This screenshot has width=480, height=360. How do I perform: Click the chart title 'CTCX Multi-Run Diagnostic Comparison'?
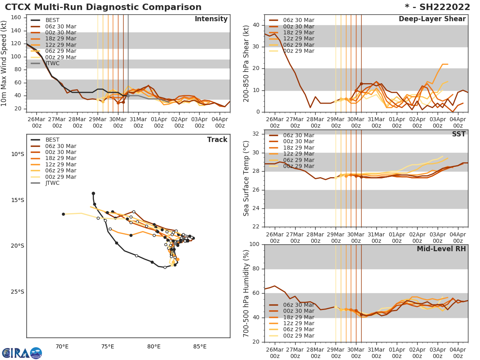(103, 7)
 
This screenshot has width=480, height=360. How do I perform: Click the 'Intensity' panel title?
(211, 19)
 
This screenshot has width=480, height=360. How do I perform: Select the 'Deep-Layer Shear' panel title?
(432, 19)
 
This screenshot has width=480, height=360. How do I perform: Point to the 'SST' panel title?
(458, 134)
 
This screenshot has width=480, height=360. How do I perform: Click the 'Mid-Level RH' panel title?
(441, 249)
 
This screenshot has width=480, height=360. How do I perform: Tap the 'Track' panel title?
(217, 140)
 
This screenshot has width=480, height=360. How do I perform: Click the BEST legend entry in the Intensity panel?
(52, 20)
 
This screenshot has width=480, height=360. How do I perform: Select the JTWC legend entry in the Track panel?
(52, 183)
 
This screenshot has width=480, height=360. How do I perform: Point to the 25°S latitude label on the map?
(18, 292)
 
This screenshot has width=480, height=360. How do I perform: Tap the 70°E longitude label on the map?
(62, 346)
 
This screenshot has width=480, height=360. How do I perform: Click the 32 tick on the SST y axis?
(256, 134)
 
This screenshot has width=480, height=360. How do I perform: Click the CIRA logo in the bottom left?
(22, 353)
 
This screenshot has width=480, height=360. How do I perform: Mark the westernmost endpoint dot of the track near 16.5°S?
(63, 214)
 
